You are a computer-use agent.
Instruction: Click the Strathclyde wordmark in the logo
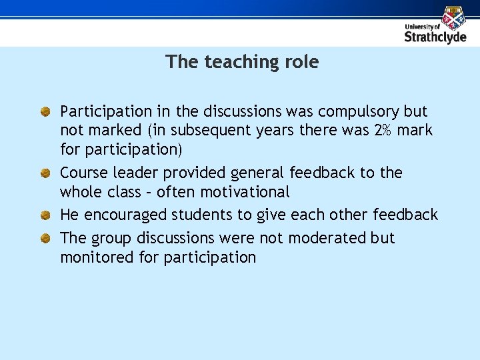(x=436, y=37)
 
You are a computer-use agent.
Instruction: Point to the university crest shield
(x=454, y=17)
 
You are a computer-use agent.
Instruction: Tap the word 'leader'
(x=135, y=173)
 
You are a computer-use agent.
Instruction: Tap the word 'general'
(x=257, y=173)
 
